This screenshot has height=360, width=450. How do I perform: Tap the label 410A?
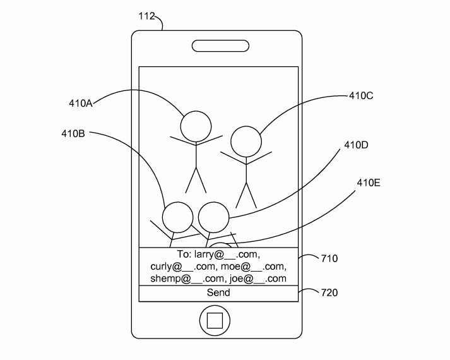click(x=81, y=104)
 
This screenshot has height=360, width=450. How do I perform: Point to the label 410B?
click(x=74, y=133)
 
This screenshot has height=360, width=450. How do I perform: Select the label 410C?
click(x=361, y=96)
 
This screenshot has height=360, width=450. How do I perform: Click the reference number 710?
click(x=329, y=258)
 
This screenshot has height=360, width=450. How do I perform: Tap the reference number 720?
click(x=329, y=292)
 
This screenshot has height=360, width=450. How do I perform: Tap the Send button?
click(x=218, y=293)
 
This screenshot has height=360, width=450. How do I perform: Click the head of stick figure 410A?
click(x=196, y=126)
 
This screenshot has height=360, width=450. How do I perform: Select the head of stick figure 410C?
click(x=246, y=142)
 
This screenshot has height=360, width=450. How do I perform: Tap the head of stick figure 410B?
click(x=177, y=217)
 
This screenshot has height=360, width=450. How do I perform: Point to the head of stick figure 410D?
click(x=213, y=217)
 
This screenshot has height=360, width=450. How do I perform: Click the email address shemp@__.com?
click(x=187, y=279)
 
